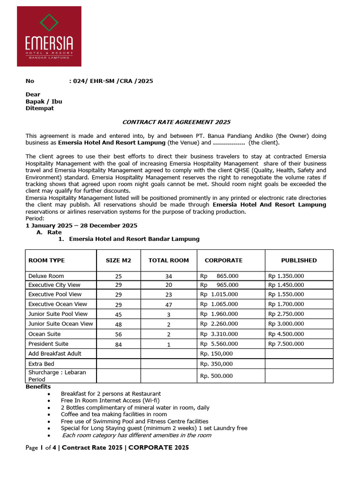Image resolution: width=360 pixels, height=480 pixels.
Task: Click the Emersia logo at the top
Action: point(49,36)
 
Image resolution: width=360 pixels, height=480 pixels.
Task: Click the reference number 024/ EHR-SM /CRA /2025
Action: point(111,81)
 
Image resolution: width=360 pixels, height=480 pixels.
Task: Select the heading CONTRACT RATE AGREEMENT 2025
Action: point(176,122)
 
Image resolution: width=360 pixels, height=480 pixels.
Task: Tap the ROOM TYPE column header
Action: point(46,260)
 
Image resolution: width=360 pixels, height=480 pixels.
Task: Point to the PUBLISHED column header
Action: point(299,260)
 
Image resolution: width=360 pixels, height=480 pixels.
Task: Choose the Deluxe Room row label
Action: point(46,276)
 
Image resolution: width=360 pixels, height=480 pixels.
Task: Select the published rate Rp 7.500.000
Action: point(286,344)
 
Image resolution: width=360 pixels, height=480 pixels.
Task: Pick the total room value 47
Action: point(169,305)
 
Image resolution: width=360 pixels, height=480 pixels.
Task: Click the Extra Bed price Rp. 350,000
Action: point(217,364)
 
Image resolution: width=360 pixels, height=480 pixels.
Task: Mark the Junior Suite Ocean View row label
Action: point(60,324)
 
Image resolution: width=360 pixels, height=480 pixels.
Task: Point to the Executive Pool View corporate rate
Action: point(219,294)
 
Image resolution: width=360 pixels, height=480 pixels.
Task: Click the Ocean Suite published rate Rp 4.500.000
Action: point(286,334)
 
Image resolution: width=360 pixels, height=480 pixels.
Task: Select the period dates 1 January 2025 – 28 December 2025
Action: point(81,225)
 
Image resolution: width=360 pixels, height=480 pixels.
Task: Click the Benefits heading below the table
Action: point(38,387)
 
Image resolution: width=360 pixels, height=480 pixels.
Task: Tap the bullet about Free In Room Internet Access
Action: point(110,401)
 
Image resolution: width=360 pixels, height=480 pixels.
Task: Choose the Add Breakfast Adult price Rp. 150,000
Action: point(217,354)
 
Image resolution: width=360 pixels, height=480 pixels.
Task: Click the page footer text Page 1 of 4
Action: point(41,448)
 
